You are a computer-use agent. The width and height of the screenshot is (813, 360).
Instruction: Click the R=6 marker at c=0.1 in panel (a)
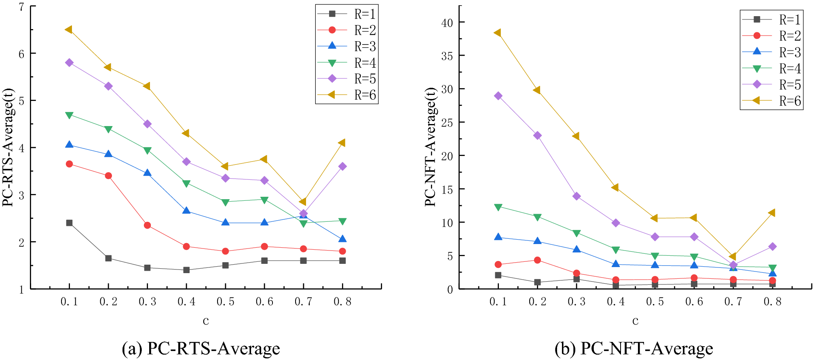(69, 29)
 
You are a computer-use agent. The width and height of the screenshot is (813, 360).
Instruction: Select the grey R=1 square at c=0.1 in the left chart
(69, 223)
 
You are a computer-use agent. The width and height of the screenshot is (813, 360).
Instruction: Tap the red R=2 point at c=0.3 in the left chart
(147, 225)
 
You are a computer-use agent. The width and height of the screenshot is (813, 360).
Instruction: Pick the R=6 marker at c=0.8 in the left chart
(342, 143)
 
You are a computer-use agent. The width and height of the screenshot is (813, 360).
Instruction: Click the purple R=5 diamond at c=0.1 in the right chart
(498, 96)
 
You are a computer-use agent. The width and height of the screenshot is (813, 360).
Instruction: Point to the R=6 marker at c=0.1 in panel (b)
(498, 33)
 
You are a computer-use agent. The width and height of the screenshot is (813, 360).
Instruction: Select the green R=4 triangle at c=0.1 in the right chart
(498, 207)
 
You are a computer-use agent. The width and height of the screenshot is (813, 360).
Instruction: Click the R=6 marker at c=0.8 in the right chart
(771, 213)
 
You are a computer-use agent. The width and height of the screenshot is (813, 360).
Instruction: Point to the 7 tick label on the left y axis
(21, 7)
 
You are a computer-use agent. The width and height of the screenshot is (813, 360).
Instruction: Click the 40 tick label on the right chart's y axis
(447, 23)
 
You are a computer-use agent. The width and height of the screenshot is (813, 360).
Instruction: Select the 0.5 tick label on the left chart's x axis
(225, 301)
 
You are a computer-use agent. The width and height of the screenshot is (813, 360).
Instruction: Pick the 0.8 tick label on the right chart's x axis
(772, 301)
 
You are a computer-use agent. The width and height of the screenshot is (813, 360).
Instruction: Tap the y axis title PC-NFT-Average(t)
(431, 147)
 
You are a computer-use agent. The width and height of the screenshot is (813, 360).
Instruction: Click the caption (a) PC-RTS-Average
(201, 348)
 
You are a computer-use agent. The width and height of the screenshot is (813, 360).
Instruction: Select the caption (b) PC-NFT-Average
(634, 348)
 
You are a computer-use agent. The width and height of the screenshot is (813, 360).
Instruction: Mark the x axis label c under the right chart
(635, 321)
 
